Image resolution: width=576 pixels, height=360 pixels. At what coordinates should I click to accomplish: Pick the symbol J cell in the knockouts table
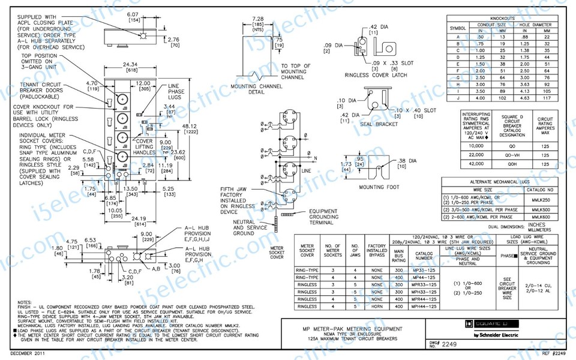(x=458, y=98)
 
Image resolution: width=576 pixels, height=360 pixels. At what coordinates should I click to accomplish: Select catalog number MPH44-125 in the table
(x=425, y=307)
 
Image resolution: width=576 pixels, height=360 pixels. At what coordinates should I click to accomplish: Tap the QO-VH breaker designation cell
(x=512, y=156)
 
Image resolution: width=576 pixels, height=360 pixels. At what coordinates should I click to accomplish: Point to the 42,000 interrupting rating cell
(x=475, y=164)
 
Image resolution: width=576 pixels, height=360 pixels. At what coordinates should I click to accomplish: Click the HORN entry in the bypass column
(x=377, y=307)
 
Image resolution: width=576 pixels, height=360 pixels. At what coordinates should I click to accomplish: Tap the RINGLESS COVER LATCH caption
(x=376, y=76)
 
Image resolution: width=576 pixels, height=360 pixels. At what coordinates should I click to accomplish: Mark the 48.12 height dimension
(x=189, y=126)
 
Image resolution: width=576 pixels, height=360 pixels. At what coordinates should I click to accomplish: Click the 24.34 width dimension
(x=130, y=64)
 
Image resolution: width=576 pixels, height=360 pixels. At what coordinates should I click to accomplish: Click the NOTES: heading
(x=25, y=302)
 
